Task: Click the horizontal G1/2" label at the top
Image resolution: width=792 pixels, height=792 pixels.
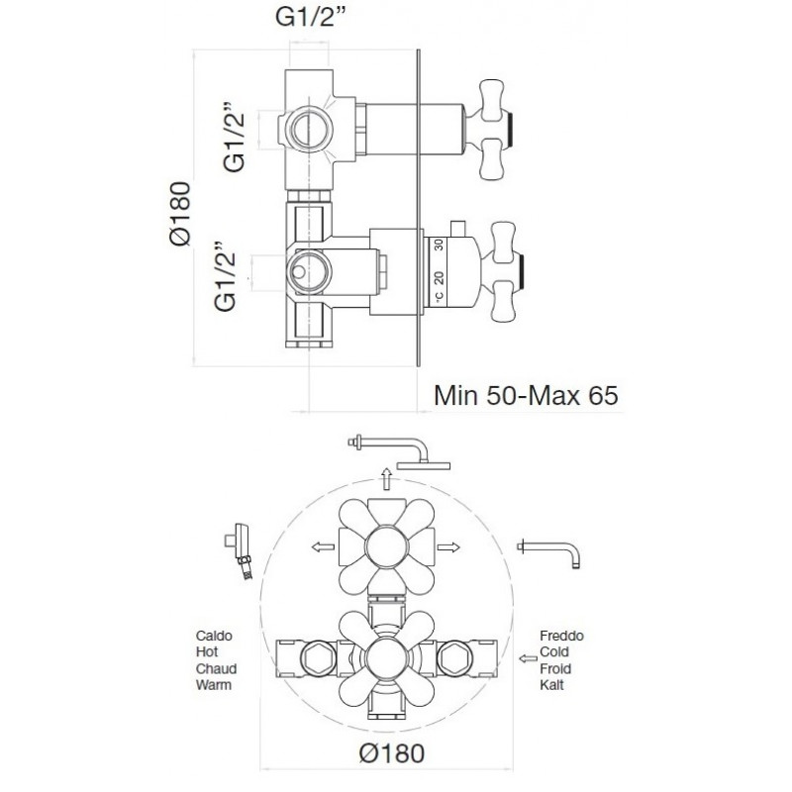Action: [x=313, y=17]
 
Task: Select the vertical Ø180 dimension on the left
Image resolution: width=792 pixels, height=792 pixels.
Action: [x=180, y=214]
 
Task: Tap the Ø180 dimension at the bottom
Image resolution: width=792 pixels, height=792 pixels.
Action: [x=392, y=753]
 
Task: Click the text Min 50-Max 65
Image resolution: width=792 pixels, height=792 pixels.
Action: [x=526, y=395]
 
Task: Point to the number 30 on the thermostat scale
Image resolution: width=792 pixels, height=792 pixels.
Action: [x=439, y=245]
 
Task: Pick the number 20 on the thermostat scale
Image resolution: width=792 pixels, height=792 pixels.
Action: [x=439, y=278]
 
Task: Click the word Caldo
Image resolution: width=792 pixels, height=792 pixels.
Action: [x=214, y=636]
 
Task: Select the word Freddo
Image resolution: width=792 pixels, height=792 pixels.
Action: [x=561, y=636]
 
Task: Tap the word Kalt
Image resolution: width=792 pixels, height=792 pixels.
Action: [x=551, y=685]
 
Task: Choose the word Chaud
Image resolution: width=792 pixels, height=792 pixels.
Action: [x=216, y=669]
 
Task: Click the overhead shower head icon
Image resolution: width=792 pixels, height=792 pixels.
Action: [x=399, y=451]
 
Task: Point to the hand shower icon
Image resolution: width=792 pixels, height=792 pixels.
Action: [x=239, y=551]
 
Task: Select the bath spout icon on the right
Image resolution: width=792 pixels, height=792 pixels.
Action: [x=548, y=552]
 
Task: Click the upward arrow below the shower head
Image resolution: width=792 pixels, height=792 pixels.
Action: [x=387, y=479]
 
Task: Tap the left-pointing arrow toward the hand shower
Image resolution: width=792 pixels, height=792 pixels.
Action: [x=323, y=546]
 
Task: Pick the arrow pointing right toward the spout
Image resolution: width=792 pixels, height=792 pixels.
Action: [x=448, y=546]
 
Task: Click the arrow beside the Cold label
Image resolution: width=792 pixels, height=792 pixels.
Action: [x=529, y=658]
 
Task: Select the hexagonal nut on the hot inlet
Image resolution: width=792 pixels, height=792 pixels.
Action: [x=318, y=658]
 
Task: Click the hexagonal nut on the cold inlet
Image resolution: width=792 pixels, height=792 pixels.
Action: [x=454, y=658]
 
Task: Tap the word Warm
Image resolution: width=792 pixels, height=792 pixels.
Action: [x=214, y=685]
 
